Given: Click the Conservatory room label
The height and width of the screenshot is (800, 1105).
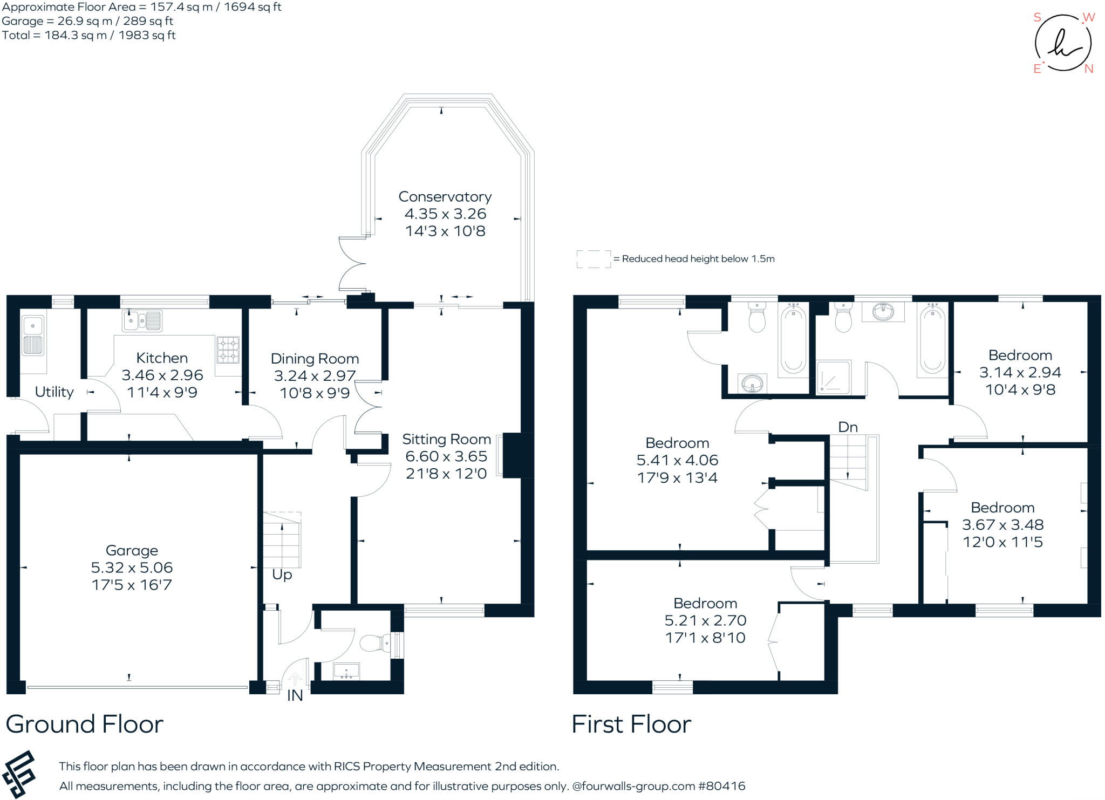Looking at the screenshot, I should tap(445, 197).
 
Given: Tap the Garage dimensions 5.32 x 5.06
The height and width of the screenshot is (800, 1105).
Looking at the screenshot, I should tap(132, 567).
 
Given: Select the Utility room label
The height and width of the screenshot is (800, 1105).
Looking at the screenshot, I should tap(54, 392).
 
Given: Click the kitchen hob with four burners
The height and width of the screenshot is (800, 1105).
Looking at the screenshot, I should tap(228, 350).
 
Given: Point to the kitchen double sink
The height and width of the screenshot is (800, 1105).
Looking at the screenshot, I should tap(142, 321).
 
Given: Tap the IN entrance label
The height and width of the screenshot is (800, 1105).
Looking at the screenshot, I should tap(295, 696).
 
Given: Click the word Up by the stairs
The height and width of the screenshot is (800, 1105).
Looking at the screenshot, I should tap(282, 575).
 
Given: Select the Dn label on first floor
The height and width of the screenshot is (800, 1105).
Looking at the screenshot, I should tap(848, 427).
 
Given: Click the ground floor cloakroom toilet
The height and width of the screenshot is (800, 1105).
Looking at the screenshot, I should tap(375, 643).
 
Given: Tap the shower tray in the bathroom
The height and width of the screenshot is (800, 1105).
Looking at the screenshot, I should tap(833, 377).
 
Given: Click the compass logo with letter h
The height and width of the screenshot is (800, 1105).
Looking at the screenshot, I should tap(1063, 43).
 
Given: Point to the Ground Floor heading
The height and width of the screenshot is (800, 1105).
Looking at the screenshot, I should tap(85, 724).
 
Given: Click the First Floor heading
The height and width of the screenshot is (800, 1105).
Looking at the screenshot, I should tap(631, 724).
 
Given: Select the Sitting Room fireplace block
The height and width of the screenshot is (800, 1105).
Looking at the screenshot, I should tap(517, 455).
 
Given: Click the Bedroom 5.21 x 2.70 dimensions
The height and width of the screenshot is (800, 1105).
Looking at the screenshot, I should tap(705, 620).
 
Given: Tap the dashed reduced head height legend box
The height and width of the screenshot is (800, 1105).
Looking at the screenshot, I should tap(594, 259).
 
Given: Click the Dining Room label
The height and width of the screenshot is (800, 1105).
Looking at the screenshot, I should tap(315, 359).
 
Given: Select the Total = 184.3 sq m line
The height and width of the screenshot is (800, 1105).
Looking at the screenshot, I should tap(89, 35).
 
